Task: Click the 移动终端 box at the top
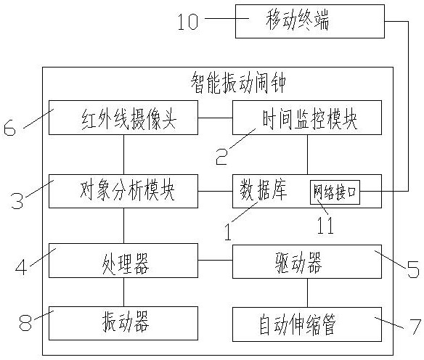pos(310,21)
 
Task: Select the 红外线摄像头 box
pos(123,118)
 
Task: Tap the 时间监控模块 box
pos(307,118)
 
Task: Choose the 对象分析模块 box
pos(123,191)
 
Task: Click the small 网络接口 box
pos(335,192)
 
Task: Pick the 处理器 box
pos(123,261)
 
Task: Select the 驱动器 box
pos(307,261)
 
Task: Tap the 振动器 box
pos(123,323)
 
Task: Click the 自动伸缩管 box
pos(307,324)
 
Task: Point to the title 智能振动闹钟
pos(238,84)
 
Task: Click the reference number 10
pos(187,22)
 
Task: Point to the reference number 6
pos(9,128)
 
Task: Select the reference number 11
pos(325,226)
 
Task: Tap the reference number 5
pos(413,270)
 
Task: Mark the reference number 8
pos(25,323)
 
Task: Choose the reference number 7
pos(415,327)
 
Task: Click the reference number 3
pos(17,200)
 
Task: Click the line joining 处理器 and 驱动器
pos(215,261)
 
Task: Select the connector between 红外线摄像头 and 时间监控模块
pos(215,118)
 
